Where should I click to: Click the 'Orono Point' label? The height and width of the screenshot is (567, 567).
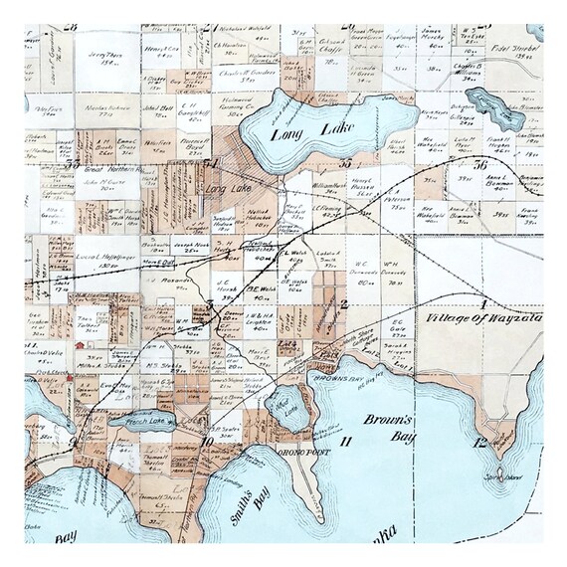tap(295, 448)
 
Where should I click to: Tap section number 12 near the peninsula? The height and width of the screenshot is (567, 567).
tap(480, 441)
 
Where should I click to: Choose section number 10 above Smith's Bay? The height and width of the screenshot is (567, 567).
tap(206, 442)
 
